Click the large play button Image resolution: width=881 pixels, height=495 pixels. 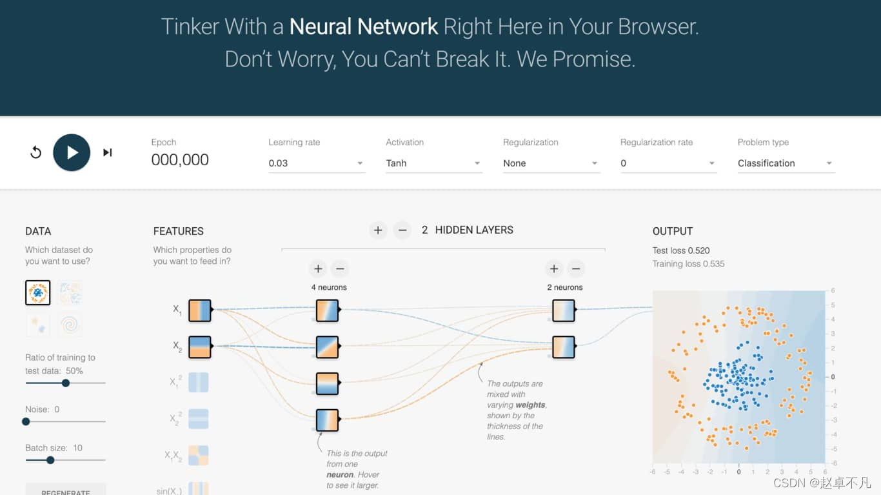[x=72, y=152]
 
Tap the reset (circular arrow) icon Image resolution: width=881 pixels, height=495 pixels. [x=36, y=152]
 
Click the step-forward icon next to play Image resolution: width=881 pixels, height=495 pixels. [x=108, y=152]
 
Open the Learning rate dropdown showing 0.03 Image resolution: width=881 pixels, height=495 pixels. [x=317, y=163]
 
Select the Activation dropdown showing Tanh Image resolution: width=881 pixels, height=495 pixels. [x=434, y=163]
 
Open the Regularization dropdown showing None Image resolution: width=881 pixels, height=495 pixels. [x=551, y=163]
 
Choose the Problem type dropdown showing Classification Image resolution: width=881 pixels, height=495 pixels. [x=786, y=163]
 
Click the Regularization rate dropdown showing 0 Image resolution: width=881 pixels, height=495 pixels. [x=668, y=163]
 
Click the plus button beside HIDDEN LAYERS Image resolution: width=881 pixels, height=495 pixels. [x=378, y=230]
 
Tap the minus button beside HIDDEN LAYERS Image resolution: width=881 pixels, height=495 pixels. [x=402, y=230]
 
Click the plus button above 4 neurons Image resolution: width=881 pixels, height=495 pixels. [x=318, y=268]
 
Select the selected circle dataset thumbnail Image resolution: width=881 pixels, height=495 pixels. [x=38, y=292]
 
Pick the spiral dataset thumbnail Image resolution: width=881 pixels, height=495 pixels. [x=70, y=324]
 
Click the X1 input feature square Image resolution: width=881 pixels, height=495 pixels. [x=199, y=310]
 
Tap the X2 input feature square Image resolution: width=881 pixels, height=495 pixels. [x=199, y=347]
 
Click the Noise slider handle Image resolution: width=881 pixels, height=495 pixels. [x=26, y=421]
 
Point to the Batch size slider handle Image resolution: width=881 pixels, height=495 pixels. [x=50, y=460]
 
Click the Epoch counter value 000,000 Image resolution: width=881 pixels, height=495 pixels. [x=180, y=160]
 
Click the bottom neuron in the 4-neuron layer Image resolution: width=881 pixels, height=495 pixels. [x=327, y=419]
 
